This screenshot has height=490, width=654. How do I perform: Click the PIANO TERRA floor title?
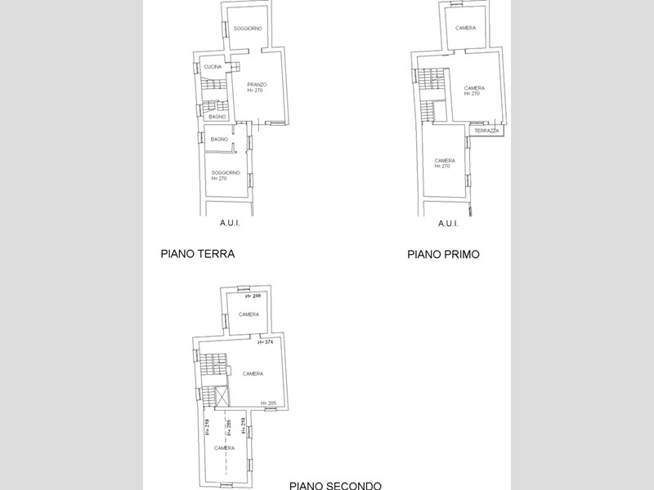point(197,254)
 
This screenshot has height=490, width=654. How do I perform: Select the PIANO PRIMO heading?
point(443,255)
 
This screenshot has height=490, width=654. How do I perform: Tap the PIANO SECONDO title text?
point(334,485)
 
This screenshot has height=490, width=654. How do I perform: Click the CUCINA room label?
point(213,66)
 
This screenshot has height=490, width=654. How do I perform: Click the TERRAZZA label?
point(486,131)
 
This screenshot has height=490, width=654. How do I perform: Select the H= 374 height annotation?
point(264,342)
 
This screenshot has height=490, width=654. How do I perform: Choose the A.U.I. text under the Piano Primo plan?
point(448,224)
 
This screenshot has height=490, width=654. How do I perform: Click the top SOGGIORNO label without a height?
point(247,29)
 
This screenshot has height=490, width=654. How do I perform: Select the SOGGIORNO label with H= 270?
point(225,175)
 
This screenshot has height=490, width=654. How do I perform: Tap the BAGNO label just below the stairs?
point(217,117)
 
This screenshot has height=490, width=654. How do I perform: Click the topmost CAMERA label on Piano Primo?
point(466,28)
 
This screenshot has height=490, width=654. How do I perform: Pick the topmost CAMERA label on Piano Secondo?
point(249,314)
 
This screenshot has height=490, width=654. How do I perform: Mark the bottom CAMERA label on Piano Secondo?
point(225,448)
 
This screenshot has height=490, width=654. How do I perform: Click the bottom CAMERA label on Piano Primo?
point(445,163)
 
